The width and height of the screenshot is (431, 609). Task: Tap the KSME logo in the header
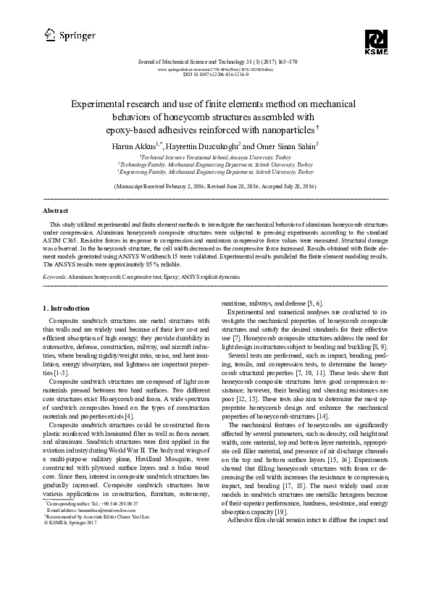(377, 42)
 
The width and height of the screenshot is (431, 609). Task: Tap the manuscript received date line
(215, 186)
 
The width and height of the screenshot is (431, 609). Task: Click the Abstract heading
(56, 211)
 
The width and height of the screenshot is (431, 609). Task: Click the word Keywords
(56, 277)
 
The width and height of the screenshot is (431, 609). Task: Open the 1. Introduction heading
(67, 308)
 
